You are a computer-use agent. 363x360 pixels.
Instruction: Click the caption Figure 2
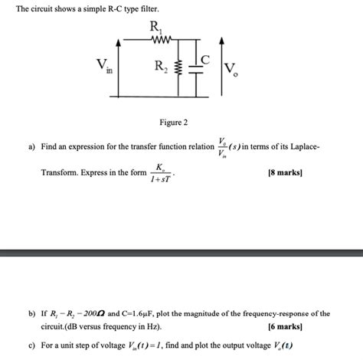tap(173, 123)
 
